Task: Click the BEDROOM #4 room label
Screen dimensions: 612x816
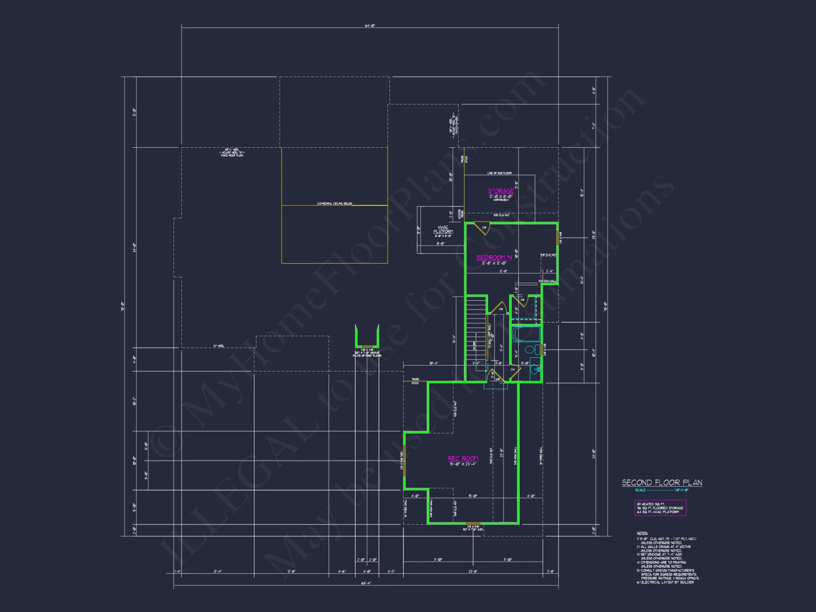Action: [x=494, y=257]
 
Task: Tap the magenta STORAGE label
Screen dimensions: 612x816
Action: [x=501, y=191]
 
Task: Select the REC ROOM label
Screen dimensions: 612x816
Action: [x=463, y=459]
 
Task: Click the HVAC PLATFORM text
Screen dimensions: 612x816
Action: [x=443, y=229]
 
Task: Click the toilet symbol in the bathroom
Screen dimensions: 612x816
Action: [x=530, y=350]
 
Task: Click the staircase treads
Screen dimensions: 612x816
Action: [x=476, y=326]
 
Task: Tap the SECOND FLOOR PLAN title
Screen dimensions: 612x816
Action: [x=662, y=483]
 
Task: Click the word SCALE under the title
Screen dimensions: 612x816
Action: [x=640, y=490]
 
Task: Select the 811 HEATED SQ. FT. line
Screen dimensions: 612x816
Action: [x=651, y=504]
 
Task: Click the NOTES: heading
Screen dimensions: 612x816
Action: [x=642, y=533]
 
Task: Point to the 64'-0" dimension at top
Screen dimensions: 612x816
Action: [x=370, y=26]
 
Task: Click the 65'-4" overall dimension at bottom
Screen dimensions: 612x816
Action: [x=366, y=583]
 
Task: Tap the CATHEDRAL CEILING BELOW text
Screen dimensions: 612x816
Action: [x=335, y=203]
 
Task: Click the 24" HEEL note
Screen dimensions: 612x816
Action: [x=218, y=346]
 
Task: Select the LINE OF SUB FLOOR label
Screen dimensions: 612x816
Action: [x=499, y=173]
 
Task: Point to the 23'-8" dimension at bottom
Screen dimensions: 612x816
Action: [x=473, y=571]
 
